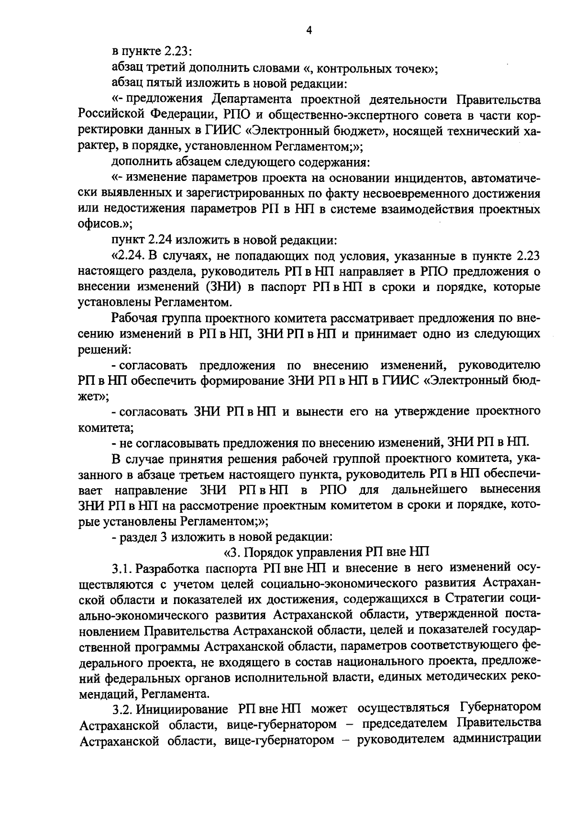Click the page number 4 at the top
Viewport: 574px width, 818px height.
[309, 30]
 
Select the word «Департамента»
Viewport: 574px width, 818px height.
[252, 100]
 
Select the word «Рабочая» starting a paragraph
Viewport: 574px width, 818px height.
[133, 318]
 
